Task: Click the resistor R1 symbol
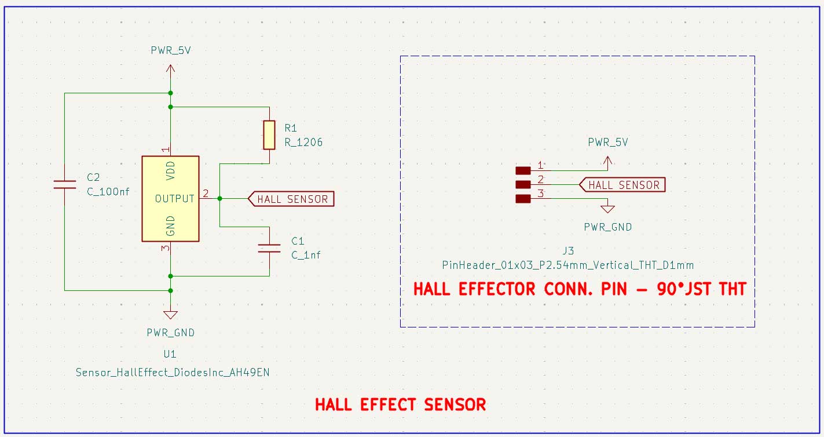[269, 135]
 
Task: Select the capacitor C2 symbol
[65, 184]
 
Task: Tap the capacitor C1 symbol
[269, 248]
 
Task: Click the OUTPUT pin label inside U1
[174, 199]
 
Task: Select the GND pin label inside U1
[171, 226]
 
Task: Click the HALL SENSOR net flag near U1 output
[291, 199]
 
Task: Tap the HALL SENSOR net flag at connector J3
[622, 185]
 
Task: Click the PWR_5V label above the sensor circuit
[170, 50]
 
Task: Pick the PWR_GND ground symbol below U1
[170, 315]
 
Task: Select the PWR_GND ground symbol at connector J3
[607, 208]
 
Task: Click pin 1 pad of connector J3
[523, 170]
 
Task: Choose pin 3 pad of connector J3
[523, 199]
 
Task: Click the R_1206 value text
[303, 142]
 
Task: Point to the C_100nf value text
[108, 192]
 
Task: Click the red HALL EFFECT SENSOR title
[400, 405]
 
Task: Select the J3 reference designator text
[567, 251]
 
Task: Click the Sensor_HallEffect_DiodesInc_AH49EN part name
[173, 373]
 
